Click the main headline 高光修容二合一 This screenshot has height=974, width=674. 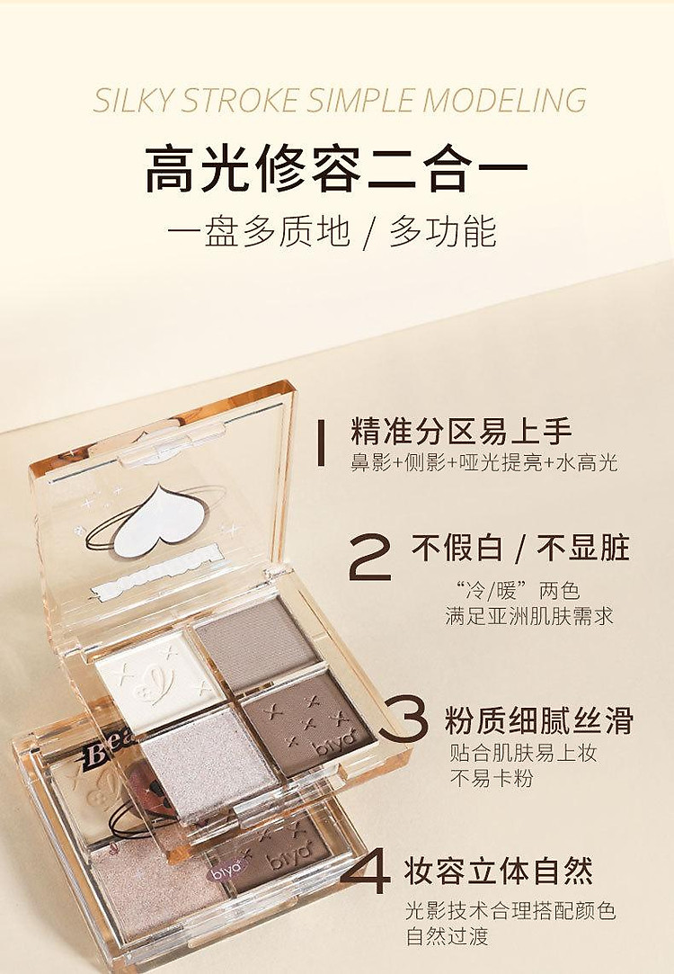point(336,168)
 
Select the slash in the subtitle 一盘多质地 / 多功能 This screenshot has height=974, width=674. point(370,232)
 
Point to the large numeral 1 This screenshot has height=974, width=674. point(321,442)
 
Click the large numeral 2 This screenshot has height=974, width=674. point(370,558)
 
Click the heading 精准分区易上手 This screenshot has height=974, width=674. point(461,432)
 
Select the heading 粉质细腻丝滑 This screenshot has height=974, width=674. point(539,720)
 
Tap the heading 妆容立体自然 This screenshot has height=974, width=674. point(499,871)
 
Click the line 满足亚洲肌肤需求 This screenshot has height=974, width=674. point(529,615)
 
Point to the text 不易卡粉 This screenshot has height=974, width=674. point(492,778)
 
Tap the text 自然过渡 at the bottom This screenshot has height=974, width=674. point(448,935)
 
